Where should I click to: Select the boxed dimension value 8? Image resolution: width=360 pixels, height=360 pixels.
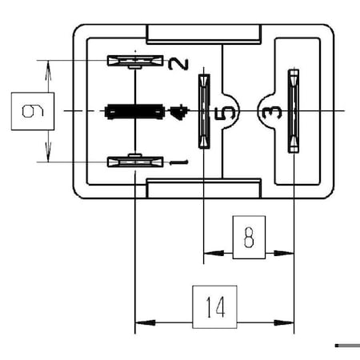coord(249,238)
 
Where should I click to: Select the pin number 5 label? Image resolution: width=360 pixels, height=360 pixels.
coord(226,111)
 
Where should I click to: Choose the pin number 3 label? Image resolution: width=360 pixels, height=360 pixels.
coord(266,111)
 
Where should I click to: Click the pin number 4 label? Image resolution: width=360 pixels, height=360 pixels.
coord(178,111)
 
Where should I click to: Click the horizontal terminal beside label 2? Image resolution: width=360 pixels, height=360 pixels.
coord(135,61)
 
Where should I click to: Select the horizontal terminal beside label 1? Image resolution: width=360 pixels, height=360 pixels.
coord(135,162)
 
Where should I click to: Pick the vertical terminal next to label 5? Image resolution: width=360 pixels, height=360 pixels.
coord(204,111)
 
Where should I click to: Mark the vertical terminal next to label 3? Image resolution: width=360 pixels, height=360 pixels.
coord(294,111)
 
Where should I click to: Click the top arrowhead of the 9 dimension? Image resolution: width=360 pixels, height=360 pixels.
coord(49,67)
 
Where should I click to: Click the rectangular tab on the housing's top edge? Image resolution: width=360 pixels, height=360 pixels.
coord(204,34)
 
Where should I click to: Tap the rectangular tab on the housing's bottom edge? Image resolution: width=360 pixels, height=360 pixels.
coord(204,190)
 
